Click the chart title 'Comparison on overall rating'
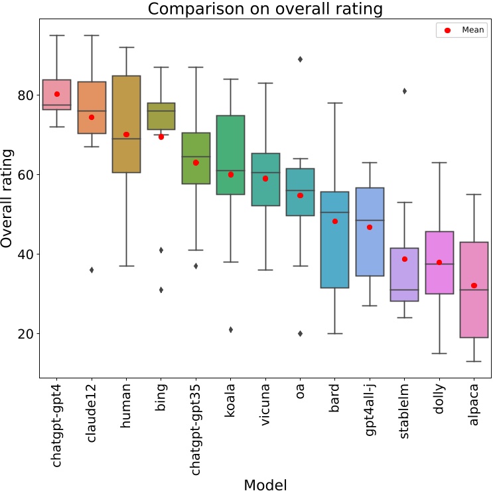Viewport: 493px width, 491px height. pos(265,9)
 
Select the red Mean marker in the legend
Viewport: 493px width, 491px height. pos(447,30)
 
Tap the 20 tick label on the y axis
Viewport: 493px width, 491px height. pos(26,334)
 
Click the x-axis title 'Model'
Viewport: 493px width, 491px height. pos(265,484)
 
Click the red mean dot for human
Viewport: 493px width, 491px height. pos(126,135)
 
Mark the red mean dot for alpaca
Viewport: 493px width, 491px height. pos(474,286)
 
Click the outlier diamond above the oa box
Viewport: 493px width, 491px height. pos(300,59)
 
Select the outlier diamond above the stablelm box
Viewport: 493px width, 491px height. pos(404,91)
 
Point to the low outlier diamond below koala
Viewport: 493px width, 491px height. pos(230,329)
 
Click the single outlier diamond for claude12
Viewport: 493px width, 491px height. pos(92,270)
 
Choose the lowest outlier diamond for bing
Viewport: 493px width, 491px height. pos(161,290)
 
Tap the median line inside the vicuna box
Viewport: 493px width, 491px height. pos(265,172)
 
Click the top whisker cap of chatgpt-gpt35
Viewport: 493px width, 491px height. pos(196,67)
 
